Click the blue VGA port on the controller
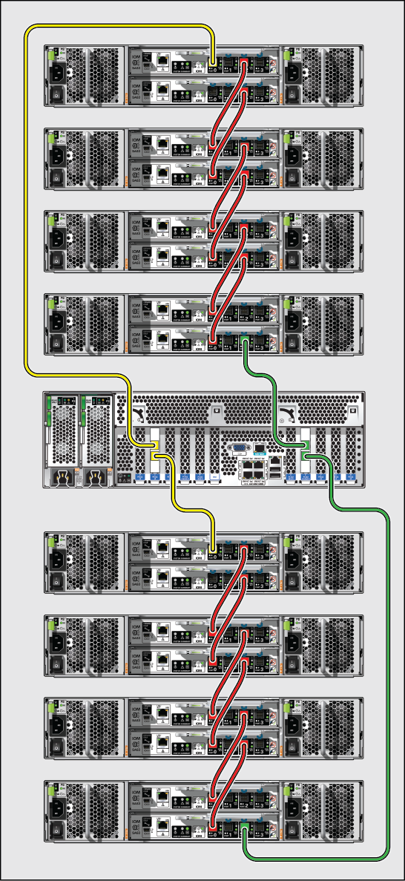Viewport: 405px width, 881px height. pyautogui.click(x=239, y=448)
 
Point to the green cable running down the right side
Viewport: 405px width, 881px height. pyautogui.click(x=388, y=668)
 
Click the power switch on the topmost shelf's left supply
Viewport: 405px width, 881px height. pyautogui.click(x=56, y=95)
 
